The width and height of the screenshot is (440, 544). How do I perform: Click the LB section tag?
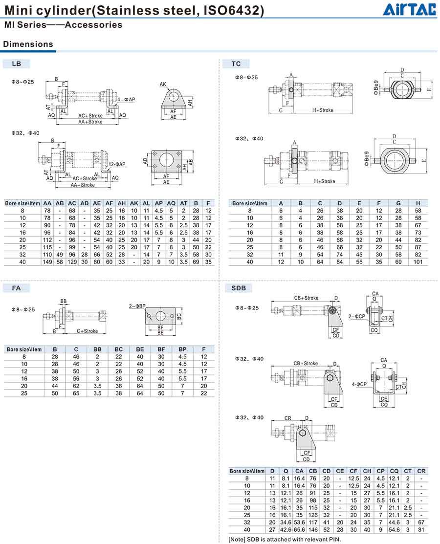coord(16,64)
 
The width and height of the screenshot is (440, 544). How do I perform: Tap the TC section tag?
coord(236,64)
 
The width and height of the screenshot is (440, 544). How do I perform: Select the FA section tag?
coord(16,288)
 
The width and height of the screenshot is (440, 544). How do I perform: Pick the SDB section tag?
coord(239,288)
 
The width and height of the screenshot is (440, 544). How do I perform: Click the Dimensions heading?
coord(28,44)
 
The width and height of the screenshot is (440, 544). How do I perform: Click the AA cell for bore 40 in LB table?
coord(47,262)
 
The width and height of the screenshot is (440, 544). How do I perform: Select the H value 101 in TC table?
coord(418,262)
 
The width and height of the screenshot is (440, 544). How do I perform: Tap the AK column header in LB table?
coord(134,203)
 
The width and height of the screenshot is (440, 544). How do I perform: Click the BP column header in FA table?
coord(182,349)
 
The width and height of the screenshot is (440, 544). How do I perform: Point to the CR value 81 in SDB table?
coord(421,530)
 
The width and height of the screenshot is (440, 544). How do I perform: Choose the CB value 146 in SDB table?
coord(313,530)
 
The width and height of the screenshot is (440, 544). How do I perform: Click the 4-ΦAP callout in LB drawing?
coord(126,100)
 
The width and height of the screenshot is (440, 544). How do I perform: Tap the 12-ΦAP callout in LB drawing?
coord(117,164)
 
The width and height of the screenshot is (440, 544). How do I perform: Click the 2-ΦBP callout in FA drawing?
coord(137,306)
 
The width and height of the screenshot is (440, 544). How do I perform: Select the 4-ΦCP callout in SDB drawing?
coord(359,384)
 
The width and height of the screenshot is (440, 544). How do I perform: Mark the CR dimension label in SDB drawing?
coord(288,418)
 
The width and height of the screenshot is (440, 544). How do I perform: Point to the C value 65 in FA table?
coord(76,393)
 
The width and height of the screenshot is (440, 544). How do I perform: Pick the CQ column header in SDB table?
coord(394,471)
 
